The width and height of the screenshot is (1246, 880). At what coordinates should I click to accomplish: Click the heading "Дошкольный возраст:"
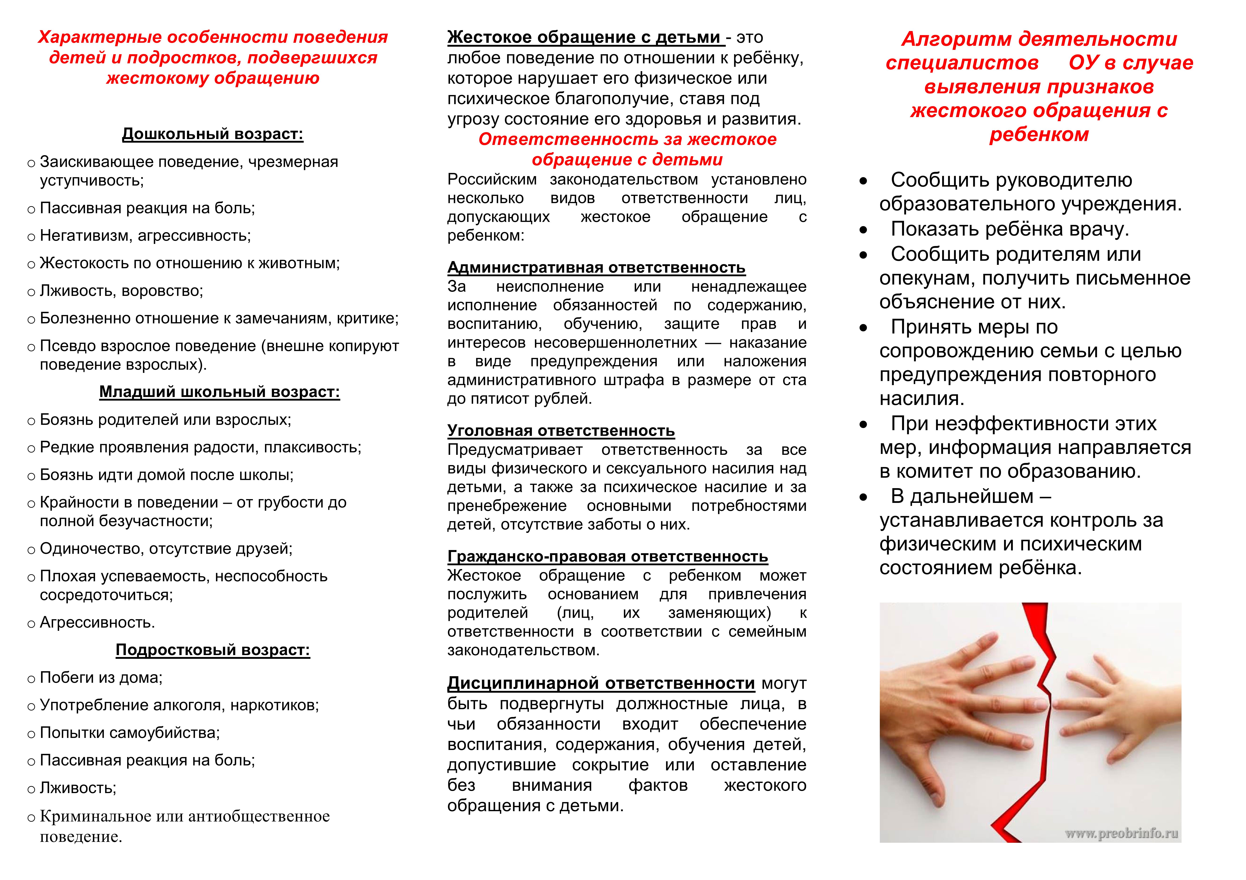click(213, 134)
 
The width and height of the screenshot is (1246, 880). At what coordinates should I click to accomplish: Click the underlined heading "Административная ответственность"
click(596, 267)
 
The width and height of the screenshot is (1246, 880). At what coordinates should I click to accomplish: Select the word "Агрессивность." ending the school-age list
click(98, 622)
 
